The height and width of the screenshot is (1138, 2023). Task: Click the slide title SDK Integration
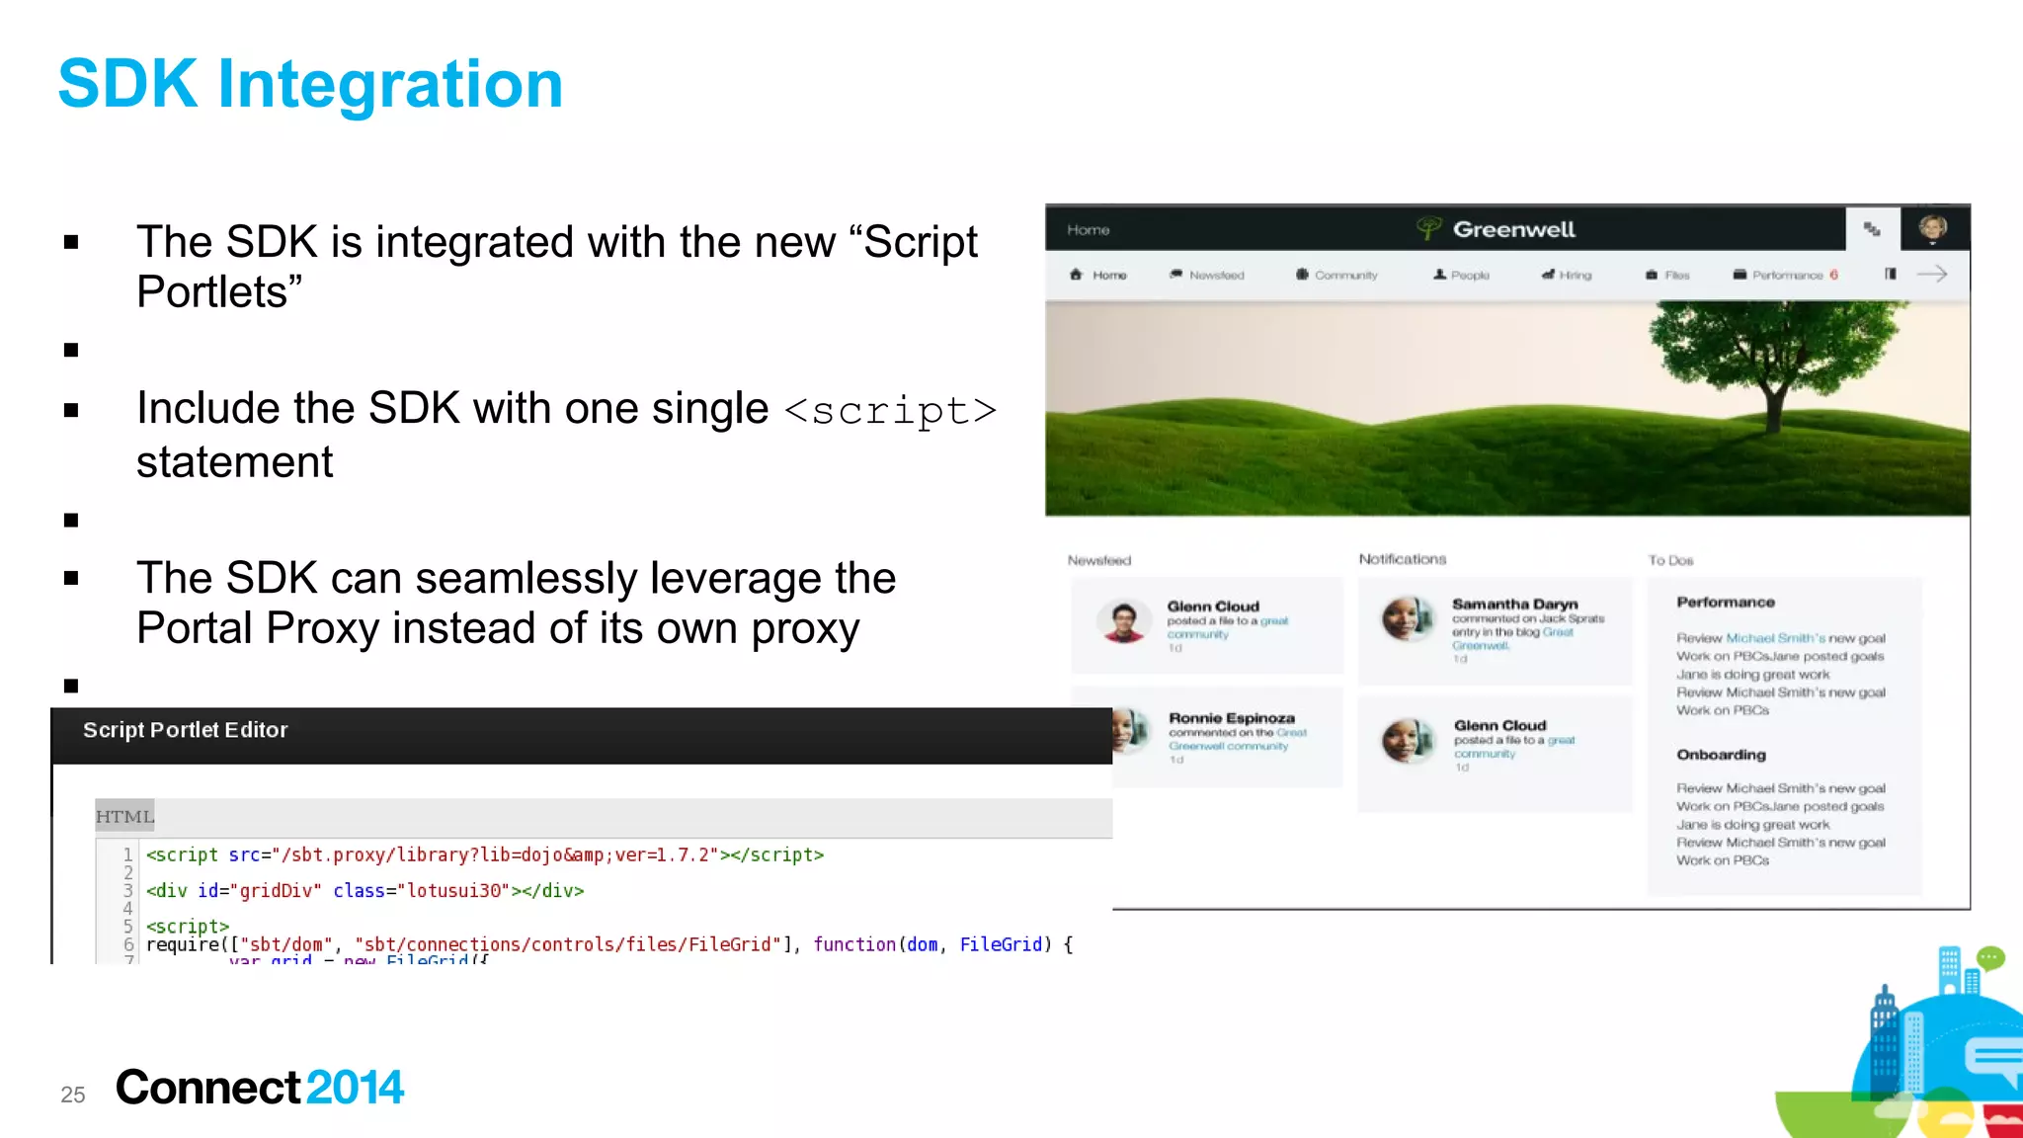pyautogui.click(x=310, y=84)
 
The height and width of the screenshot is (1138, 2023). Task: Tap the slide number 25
pyautogui.click(x=72, y=1095)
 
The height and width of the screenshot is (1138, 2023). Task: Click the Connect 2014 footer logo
pyautogui.click(x=259, y=1088)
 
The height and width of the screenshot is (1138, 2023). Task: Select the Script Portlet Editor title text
pyautogui.click(x=185, y=730)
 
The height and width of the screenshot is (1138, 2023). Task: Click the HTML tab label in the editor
pyautogui.click(x=124, y=817)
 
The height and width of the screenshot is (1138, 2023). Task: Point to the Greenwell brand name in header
pyautogui.click(x=1513, y=229)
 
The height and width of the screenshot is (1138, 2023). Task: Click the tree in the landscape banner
pyautogui.click(x=1768, y=366)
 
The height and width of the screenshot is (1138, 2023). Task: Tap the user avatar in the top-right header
pyautogui.click(x=1932, y=228)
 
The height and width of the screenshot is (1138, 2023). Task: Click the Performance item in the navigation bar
pyautogui.click(x=1786, y=276)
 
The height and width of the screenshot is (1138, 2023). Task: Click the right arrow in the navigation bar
pyautogui.click(x=1931, y=275)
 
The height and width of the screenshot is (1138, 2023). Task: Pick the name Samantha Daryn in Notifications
pyautogui.click(x=1514, y=604)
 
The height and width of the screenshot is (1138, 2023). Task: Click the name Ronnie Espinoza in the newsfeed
pyautogui.click(x=1231, y=718)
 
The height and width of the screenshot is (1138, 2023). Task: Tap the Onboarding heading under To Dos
pyautogui.click(x=1721, y=755)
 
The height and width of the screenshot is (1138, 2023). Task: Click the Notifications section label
pyautogui.click(x=1402, y=559)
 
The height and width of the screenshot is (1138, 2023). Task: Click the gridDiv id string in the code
pyautogui.click(x=281, y=891)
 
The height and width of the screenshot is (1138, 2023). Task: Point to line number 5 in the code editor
pyautogui.click(x=127, y=927)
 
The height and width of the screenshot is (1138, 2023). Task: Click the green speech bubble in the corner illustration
pyautogui.click(x=1990, y=957)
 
